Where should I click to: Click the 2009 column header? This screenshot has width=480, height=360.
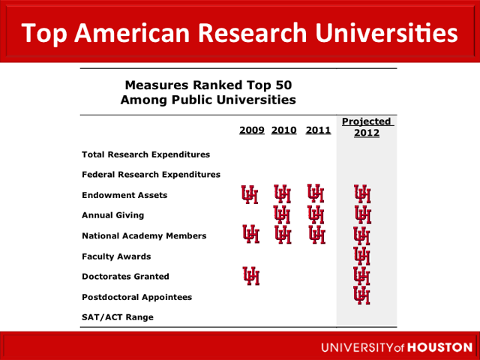pos(252,130)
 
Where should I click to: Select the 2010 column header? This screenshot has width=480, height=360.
pos(284,130)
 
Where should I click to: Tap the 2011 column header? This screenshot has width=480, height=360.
pos(318,130)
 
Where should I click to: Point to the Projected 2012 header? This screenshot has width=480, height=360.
pos(367,127)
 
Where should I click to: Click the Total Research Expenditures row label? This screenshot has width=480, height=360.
pos(145,154)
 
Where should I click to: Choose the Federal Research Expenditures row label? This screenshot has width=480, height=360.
pos(151,175)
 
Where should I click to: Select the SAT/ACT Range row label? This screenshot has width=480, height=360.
pos(117,317)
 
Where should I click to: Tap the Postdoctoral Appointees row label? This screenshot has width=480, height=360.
pos(136,297)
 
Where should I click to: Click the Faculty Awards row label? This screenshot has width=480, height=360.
pos(115,256)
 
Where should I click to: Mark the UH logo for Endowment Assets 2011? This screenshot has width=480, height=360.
pos(316,195)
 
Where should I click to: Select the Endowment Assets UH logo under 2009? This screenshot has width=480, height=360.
pos(250,195)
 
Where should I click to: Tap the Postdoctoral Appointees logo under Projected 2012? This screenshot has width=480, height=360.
pos(362,295)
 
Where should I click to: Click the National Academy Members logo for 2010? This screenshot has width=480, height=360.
pos(283,235)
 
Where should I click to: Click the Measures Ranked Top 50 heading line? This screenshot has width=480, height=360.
pos(208,85)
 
